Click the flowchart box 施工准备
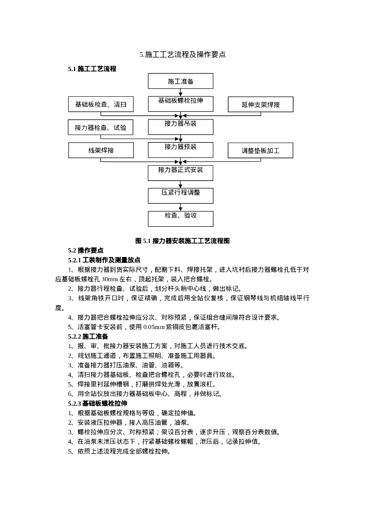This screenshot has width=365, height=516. (180, 81)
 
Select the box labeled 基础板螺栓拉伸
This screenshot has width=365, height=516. (180, 103)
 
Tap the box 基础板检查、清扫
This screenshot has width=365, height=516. (101, 104)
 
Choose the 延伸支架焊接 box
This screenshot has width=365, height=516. (261, 105)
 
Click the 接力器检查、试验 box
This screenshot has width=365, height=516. (101, 127)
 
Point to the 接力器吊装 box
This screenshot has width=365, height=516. (180, 126)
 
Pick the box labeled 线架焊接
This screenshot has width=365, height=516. (101, 150)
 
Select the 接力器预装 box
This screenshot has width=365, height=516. (180, 150)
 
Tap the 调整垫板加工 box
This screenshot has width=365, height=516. (261, 151)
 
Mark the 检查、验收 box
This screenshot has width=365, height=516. (180, 218)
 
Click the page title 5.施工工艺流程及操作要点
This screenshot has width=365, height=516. (182, 54)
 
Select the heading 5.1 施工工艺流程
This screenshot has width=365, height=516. (92, 69)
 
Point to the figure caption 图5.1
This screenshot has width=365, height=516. (182, 241)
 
